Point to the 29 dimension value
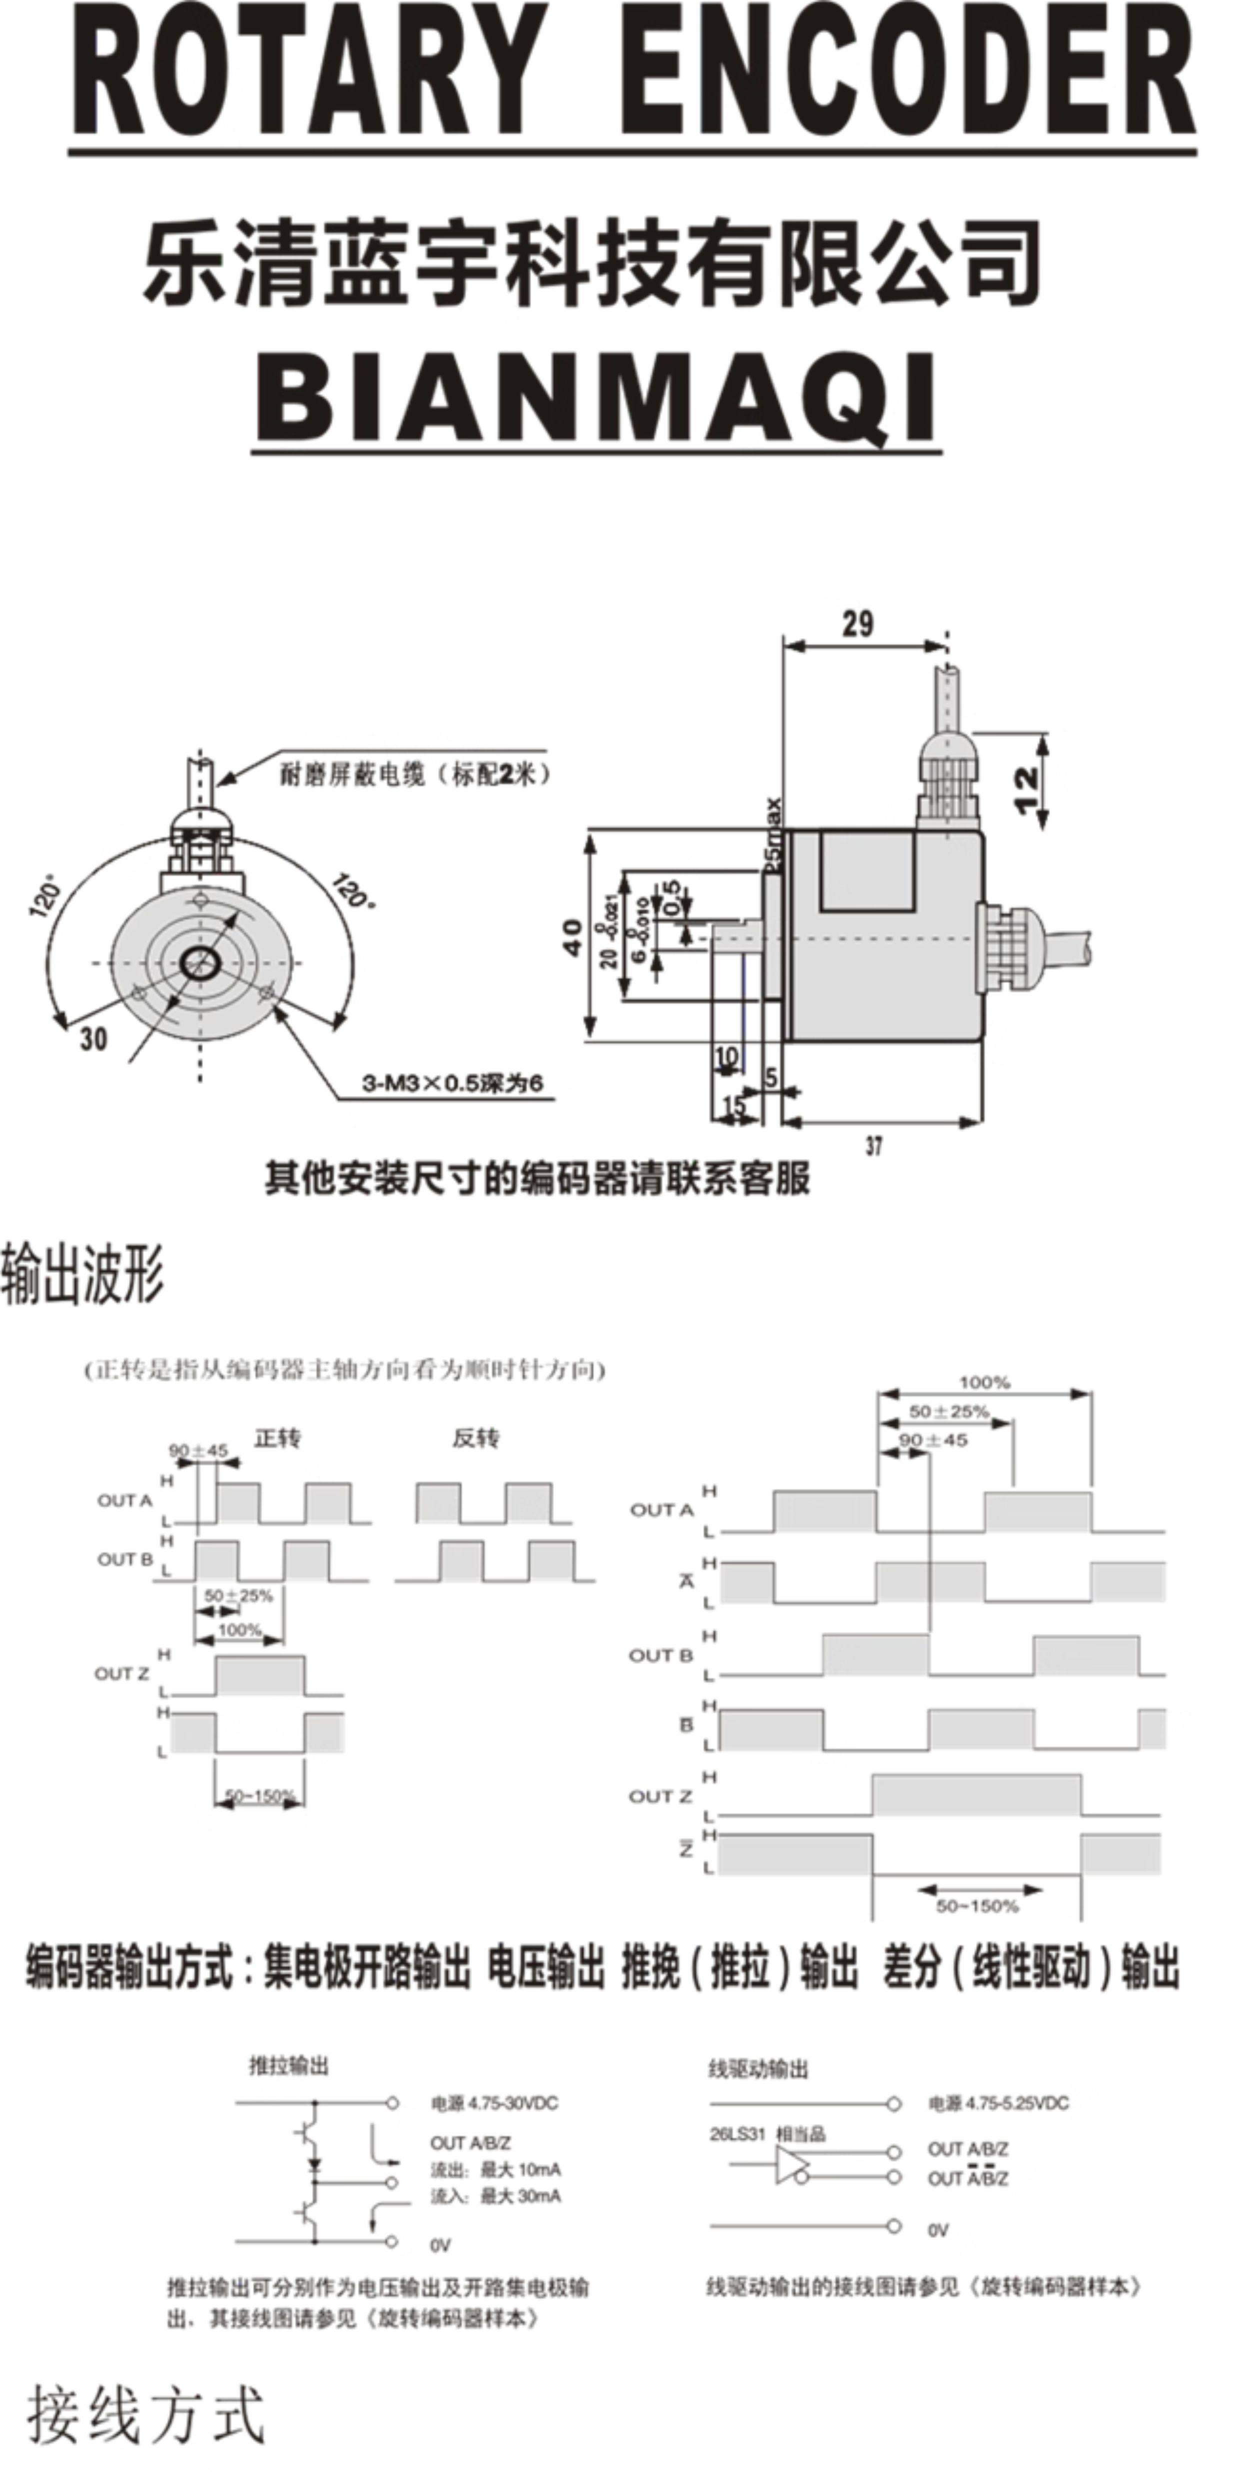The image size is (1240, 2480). point(858,624)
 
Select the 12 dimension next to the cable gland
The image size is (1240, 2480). point(1027,789)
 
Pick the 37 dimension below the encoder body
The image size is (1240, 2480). point(873,1145)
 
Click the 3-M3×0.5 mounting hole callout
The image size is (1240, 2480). point(452,1083)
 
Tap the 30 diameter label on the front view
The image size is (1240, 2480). point(93,1039)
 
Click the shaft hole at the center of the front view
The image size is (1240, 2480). point(200,962)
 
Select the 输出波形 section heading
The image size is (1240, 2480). point(83,1273)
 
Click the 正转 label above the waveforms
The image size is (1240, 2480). point(277,1438)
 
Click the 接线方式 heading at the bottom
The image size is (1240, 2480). point(144,2415)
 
